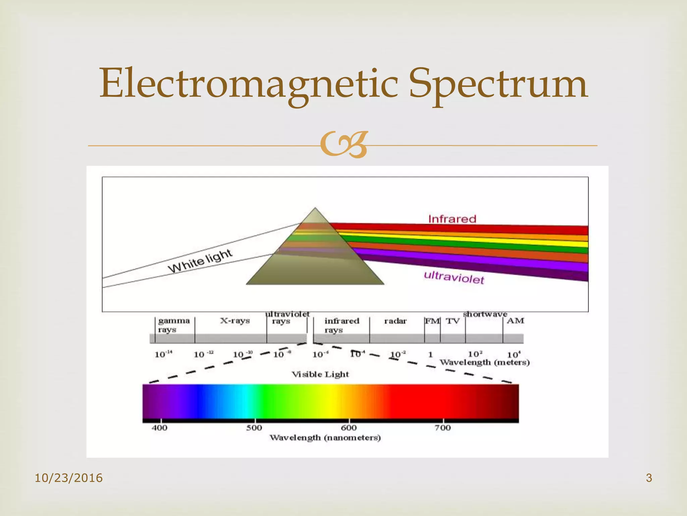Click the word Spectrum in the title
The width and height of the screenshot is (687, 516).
pyautogui.click(x=498, y=84)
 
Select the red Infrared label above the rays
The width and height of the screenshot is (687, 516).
pyautogui.click(x=452, y=219)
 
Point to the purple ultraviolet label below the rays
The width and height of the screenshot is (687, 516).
pyautogui.click(x=454, y=277)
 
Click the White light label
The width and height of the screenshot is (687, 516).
pyautogui.click(x=200, y=261)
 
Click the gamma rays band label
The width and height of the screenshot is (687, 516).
pyautogui.click(x=174, y=325)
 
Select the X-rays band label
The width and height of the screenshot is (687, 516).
pyautogui.click(x=235, y=320)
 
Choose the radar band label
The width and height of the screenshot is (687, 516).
pyautogui.click(x=395, y=321)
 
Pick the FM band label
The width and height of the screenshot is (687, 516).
pyautogui.click(x=432, y=321)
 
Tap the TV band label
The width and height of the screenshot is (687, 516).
pyautogui.click(x=453, y=321)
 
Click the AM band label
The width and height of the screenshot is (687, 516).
pyautogui.click(x=515, y=320)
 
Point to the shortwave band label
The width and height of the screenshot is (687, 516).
pyautogui.click(x=485, y=314)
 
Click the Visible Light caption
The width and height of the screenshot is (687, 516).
pyautogui.click(x=320, y=374)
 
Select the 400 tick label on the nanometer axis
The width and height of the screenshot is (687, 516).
pyautogui.click(x=159, y=428)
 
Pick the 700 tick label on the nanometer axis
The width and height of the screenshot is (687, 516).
pyautogui.click(x=443, y=428)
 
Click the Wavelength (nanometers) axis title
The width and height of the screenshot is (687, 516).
pyautogui.click(x=325, y=438)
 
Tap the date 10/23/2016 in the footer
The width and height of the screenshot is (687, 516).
pyautogui.click(x=69, y=478)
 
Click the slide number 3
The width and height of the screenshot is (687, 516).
pyautogui.click(x=649, y=478)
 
